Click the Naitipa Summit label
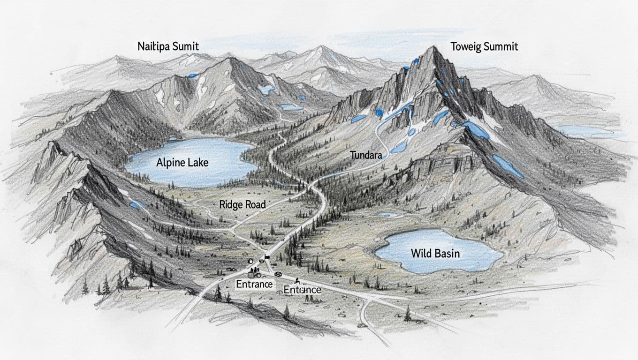coord(168,46)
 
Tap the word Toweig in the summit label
coord(466,47)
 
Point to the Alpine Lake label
coord(182,163)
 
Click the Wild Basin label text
coord(435,254)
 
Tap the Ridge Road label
coord(242,204)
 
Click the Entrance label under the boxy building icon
coord(254,284)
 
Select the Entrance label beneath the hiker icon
coord(302,290)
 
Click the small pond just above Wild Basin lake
coord(387,215)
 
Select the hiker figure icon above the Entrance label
coord(297,281)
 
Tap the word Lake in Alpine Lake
coord(198,163)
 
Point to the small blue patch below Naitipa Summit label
coord(192,75)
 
